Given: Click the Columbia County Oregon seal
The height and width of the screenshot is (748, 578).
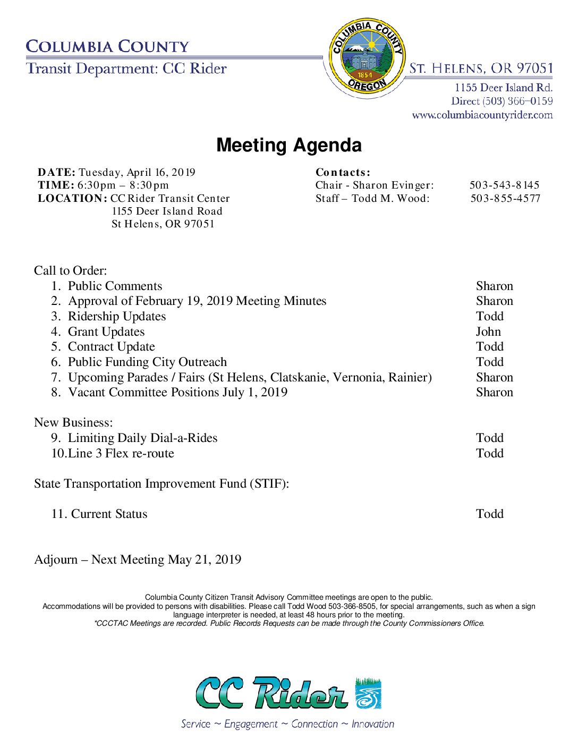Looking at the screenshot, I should (366, 57).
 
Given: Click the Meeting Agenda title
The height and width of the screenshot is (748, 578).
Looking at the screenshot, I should (289, 145).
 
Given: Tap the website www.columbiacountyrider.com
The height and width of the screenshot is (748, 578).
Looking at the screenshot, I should (482, 115).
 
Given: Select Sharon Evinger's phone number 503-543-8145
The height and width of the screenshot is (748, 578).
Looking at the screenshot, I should (504, 185).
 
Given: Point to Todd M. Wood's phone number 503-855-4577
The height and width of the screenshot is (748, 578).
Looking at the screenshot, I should (505, 199).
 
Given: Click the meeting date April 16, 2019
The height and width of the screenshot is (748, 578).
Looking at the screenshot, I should (137, 173).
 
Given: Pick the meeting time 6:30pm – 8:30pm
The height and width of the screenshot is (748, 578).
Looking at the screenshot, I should (123, 185).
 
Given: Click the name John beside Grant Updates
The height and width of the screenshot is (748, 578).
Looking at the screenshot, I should (488, 332).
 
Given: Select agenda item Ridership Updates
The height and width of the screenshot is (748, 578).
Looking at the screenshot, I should (117, 317).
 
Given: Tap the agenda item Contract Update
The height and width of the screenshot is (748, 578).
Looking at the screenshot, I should (112, 347).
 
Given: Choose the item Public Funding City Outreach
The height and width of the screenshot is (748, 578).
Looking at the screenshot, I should (147, 362).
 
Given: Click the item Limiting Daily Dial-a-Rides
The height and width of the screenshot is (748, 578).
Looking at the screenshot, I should (142, 438).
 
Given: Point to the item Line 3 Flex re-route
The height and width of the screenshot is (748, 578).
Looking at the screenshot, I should (121, 454).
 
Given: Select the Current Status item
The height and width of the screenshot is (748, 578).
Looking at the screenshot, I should (109, 514).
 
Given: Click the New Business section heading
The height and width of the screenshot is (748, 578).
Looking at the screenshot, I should (73, 423).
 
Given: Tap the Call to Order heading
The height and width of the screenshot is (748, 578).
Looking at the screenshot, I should (70, 271).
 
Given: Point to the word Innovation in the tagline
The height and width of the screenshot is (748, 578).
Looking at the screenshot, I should (373, 724).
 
